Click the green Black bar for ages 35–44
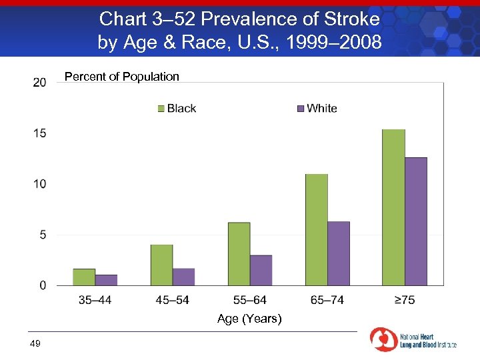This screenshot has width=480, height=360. [84, 277]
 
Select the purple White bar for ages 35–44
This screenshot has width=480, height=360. [106, 280]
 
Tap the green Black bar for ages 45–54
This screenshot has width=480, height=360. [161, 265]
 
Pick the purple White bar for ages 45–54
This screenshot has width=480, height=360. [183, 277]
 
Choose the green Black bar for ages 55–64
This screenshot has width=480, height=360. [239, 254]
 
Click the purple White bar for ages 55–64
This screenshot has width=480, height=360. [261, 270]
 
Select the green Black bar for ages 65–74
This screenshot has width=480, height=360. [316, 230]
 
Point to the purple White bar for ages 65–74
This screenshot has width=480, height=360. [338, 253]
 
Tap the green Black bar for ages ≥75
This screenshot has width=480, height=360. [393, 207]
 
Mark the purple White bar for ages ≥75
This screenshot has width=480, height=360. [415, 221]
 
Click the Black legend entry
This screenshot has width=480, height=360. [177, 108]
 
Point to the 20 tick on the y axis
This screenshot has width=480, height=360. [39, 82]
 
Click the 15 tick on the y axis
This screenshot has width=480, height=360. [39, 133]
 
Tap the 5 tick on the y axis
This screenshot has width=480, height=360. [42, 235]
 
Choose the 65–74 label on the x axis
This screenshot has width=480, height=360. [327, 300]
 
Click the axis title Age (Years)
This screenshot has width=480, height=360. [249, 319]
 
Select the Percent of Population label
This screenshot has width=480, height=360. [121, 77]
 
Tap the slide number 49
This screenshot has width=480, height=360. [35, 343]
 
